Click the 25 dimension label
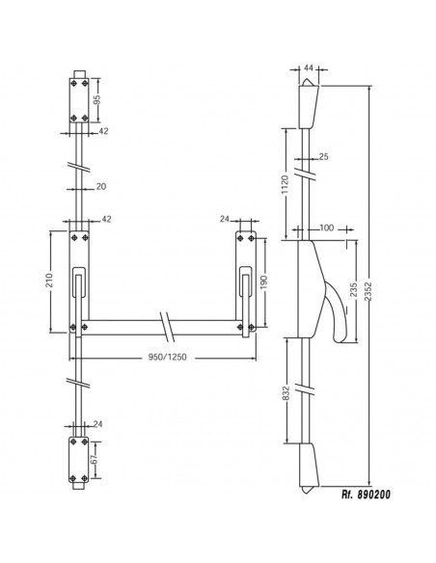click(324, 156)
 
